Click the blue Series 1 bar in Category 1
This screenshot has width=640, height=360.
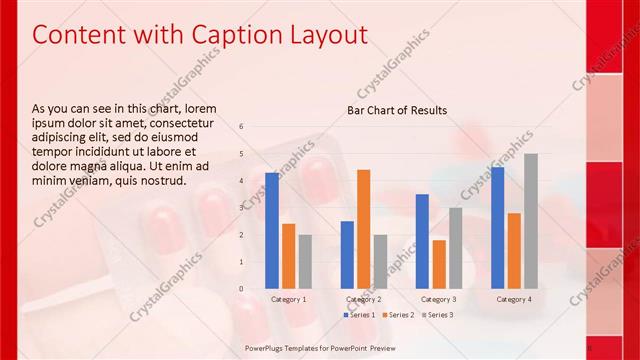point(272,231)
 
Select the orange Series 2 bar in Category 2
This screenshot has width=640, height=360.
point(363,229)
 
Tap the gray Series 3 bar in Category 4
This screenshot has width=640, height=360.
point(530,221)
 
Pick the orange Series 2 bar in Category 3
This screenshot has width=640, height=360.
point(438,264)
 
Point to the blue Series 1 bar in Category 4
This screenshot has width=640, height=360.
point(497,228)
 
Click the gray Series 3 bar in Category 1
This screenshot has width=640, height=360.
point(305,261)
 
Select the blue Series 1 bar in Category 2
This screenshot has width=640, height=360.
point(347,255)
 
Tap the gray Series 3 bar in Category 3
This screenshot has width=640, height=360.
point(455,248)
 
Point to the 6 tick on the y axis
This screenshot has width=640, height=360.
point(241,127)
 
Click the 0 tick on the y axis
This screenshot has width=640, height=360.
point(241,289)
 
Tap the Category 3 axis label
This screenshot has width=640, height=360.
point(438,299)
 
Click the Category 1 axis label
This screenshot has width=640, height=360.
point(289,299)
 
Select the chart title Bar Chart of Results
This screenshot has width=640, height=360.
point(397,110)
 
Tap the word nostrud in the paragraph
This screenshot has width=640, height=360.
point(161,180)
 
